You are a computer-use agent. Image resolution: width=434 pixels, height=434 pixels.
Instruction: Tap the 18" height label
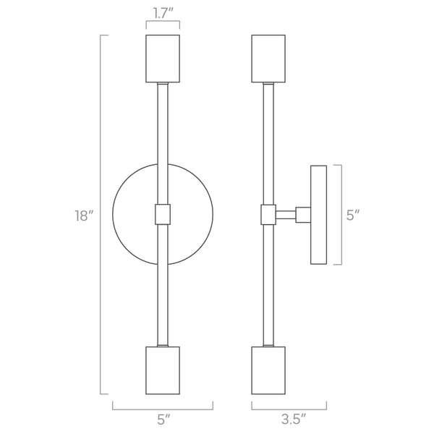click(x=85, y=216)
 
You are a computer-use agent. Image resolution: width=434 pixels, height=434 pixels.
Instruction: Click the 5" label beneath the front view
click(x=163, y=417)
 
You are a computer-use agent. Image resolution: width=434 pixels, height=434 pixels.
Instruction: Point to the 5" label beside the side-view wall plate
click(x=352, y=216)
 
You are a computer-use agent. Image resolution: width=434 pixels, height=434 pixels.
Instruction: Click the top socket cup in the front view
click(x=163, y=59)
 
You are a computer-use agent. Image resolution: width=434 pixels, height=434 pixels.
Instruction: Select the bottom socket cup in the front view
click(x=163, y=371)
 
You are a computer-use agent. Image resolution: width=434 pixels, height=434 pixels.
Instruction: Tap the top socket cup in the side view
click(x=268, y=59)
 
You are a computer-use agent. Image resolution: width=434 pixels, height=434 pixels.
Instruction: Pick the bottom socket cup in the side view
click(x=268, y=371)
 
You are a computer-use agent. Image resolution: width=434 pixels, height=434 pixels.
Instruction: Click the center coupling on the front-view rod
click(x=163, y=215)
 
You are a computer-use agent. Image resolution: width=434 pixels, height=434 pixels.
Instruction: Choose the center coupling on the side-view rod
click(x=268, y=215)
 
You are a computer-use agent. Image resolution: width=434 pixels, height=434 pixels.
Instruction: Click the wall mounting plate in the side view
click(x=318, y=215)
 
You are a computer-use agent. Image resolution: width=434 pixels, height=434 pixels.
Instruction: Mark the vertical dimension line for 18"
click(x=101, y=216)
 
